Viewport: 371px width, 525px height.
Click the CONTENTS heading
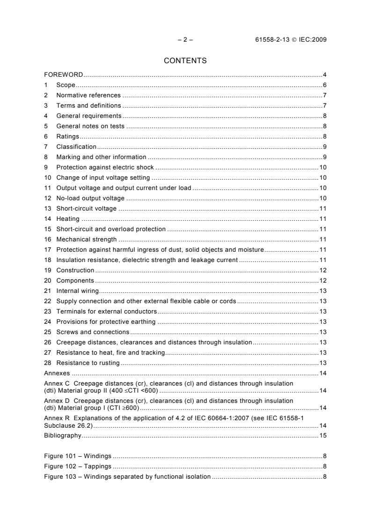185,60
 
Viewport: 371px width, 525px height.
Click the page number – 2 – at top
185,40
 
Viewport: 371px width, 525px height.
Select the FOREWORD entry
64,74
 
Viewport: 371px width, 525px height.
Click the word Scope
66,85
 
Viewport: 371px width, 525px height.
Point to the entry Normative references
88,95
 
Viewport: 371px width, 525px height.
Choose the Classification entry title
76,146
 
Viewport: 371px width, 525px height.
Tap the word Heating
68,219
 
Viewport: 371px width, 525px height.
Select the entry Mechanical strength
87,239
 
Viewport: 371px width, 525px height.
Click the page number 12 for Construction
323,270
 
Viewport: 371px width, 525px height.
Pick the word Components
75,280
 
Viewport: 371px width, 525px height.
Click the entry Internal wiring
78,291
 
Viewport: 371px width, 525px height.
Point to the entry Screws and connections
93,332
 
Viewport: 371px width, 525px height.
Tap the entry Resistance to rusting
88,363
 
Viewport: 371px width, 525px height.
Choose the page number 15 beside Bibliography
323,436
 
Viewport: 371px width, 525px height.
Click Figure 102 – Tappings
78,466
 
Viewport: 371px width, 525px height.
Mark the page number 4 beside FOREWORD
324,74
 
